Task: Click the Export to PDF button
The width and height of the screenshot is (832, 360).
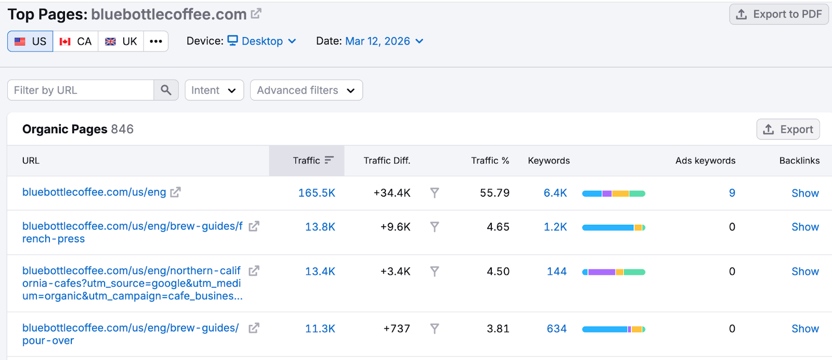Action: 778,14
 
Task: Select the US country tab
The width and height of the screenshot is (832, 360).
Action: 31,42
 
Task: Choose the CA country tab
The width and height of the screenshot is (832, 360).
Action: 76,42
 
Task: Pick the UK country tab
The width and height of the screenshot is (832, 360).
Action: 121,42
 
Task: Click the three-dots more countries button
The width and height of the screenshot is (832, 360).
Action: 156,42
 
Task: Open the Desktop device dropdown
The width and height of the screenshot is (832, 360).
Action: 262,41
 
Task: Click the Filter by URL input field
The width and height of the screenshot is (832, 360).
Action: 81,90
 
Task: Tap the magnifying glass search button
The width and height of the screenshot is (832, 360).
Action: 166,90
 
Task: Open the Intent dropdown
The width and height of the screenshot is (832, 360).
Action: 214,90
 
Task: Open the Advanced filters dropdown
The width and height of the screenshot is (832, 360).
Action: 306,90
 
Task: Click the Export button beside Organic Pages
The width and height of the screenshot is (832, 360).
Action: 788,130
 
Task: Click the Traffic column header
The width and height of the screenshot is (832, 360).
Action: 307,161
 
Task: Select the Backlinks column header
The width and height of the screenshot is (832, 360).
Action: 799,161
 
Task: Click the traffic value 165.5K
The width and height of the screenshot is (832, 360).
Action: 317,193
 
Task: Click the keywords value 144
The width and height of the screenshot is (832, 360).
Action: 556,272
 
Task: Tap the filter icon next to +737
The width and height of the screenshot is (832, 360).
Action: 435,329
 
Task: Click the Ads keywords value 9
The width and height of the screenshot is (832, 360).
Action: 732,193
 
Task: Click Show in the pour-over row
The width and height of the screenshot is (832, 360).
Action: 805,329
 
